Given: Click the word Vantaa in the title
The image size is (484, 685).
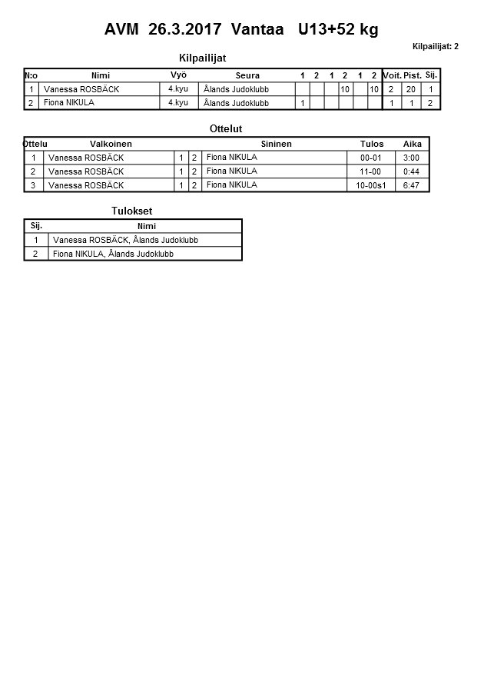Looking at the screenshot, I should [254, 30].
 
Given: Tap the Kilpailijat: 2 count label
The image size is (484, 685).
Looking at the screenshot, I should [435, 47].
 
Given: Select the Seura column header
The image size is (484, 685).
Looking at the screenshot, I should [247, 75].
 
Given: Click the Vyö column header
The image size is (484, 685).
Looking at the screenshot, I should [178, 75].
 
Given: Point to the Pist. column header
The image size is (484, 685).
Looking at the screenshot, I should [413, 75].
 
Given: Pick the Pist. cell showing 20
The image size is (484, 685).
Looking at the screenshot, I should [411, 89].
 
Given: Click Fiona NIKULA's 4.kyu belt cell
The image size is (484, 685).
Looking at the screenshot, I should [178, 103].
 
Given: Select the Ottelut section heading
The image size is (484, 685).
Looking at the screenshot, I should [226, 129].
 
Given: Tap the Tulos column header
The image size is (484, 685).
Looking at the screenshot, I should [372, 144].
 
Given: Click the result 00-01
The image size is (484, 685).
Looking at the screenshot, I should [371, 158].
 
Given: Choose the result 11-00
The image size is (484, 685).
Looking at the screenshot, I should [371, 171].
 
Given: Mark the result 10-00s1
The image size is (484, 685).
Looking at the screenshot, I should [371, 185].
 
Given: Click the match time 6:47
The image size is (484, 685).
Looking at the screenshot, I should [411, 185].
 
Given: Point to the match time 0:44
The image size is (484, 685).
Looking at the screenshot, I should [411, 171].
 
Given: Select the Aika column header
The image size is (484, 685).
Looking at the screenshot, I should [413, 144].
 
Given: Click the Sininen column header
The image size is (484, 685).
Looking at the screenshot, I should [276, 144].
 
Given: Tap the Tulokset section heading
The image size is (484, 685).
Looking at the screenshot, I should [132, 211].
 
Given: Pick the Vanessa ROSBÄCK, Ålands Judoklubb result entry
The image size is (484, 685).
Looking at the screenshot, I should [125, 240].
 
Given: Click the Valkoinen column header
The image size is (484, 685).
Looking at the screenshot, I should [111, 144].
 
